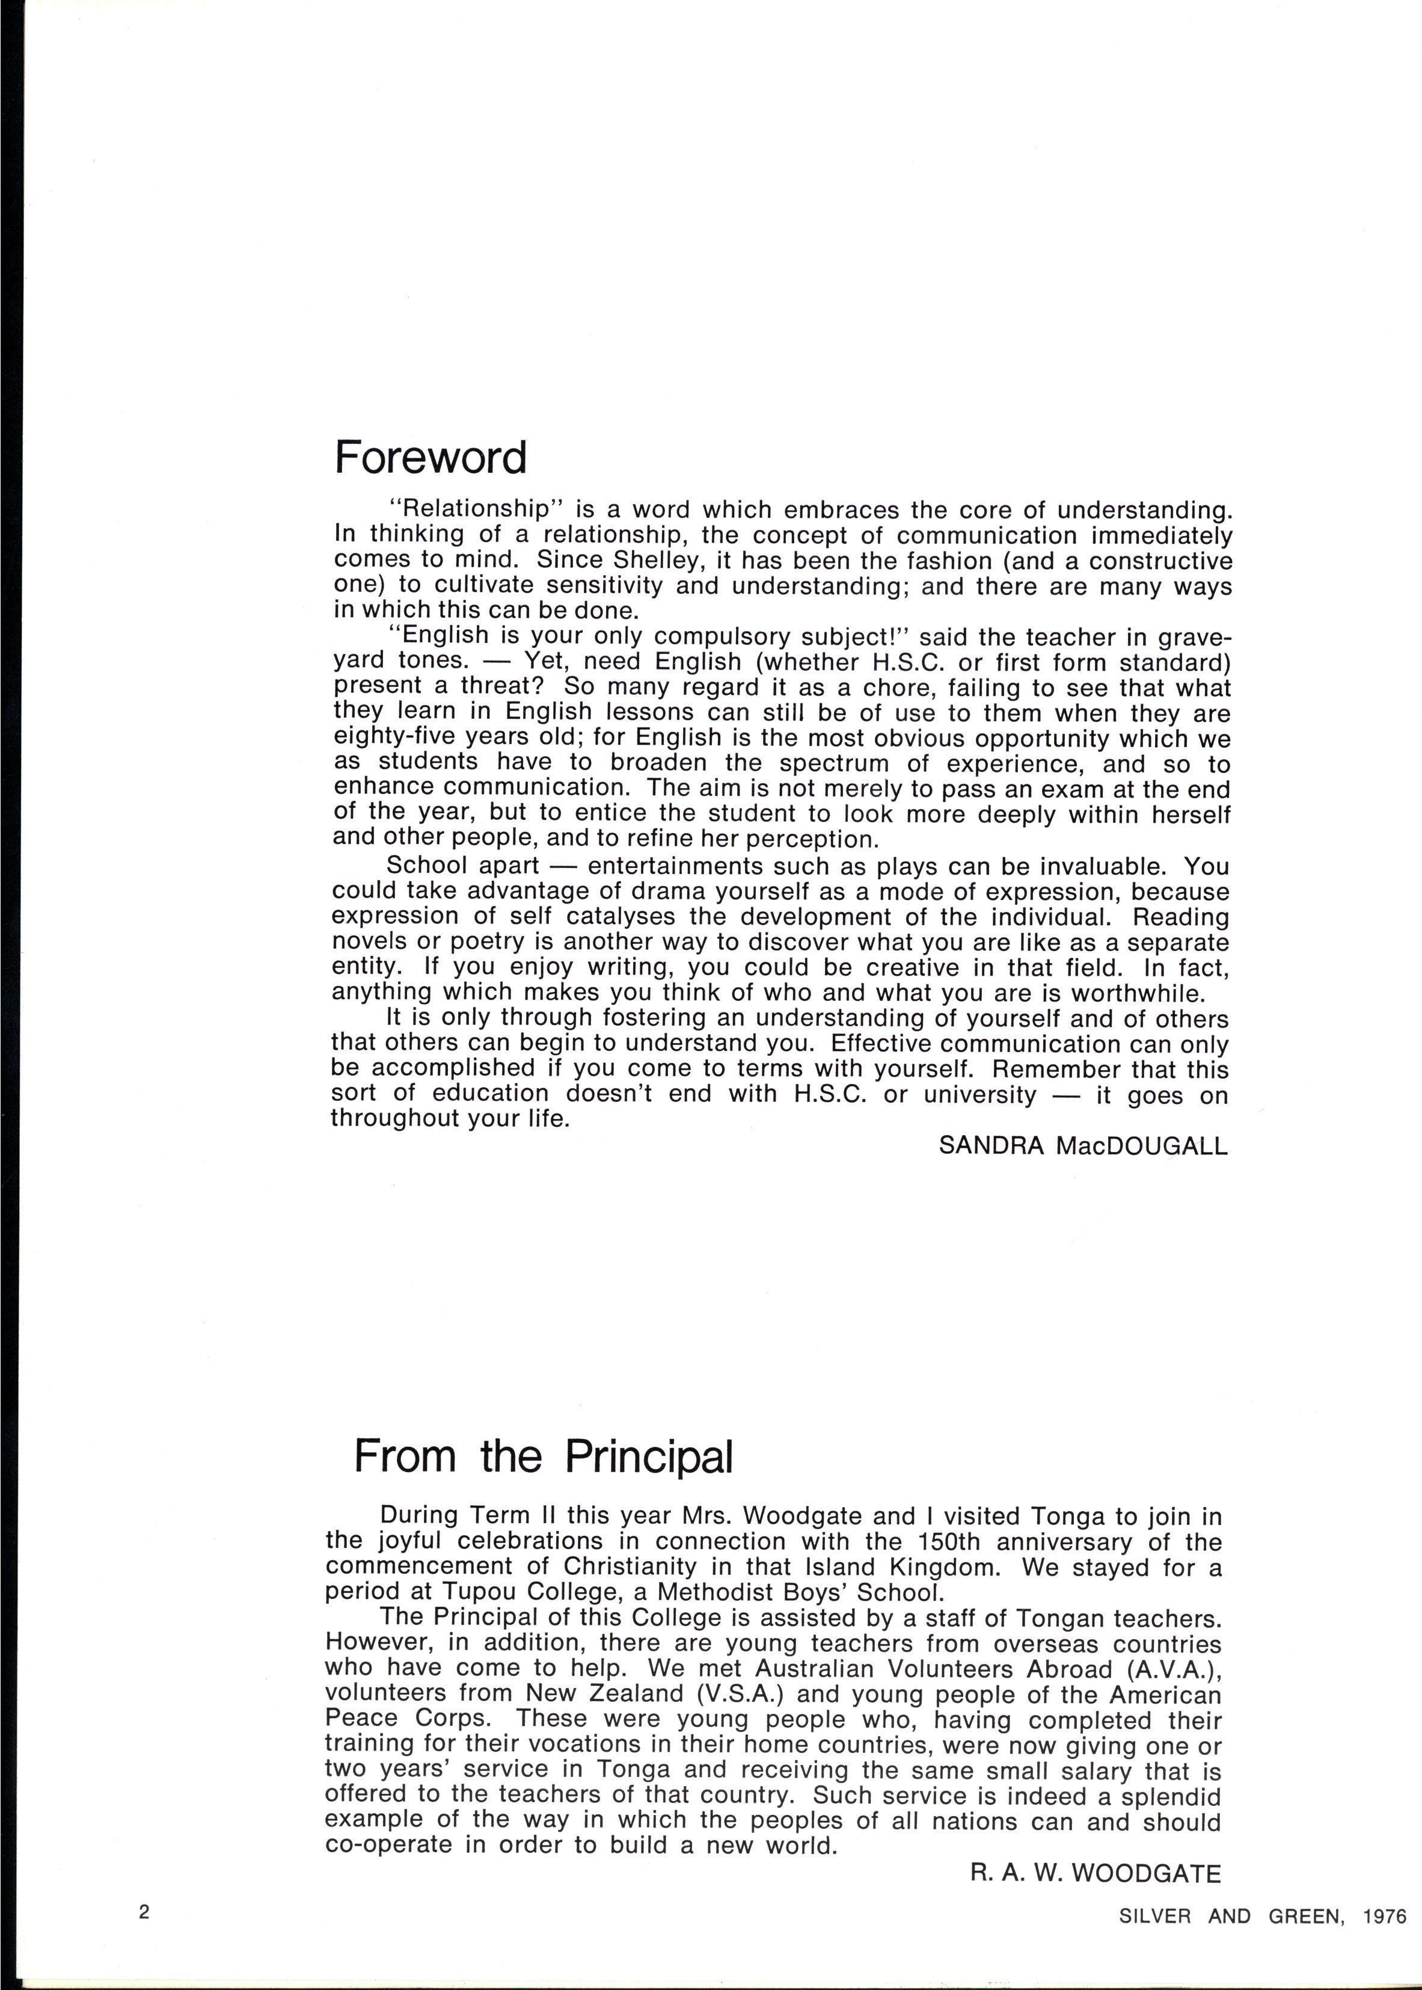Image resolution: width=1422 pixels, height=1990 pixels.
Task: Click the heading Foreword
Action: [x=431, y=458]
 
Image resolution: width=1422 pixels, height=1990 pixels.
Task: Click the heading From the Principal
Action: [x=543, y=1456]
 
